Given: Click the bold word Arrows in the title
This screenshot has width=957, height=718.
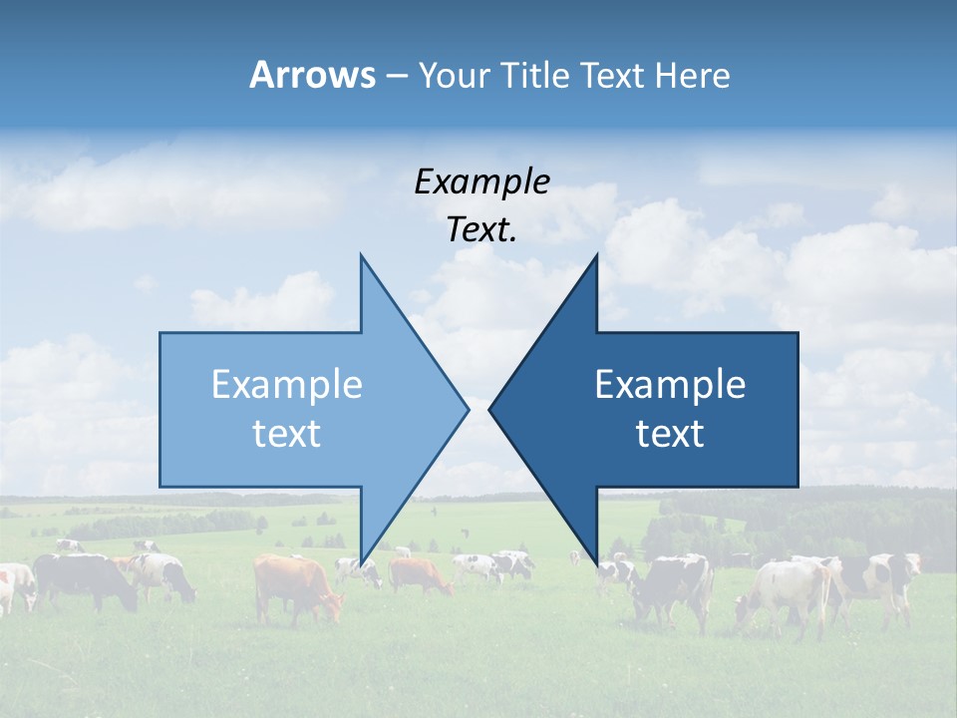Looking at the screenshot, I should coord(312,75).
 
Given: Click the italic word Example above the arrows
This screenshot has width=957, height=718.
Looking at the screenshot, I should coord(481,181).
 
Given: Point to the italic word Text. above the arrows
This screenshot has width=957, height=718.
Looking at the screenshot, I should coord(481,229).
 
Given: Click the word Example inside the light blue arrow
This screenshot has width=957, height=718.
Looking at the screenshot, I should coord(287,385).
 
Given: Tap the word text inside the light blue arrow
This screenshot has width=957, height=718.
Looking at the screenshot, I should coord(287,434).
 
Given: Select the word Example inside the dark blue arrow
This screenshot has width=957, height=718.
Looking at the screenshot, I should coord(670,385).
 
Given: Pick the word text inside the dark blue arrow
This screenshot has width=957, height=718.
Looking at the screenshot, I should coord(670,434).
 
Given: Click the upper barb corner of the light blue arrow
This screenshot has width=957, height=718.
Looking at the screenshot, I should coord(361,255).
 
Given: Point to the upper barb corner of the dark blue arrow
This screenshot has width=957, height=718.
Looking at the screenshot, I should coord(596,255).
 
